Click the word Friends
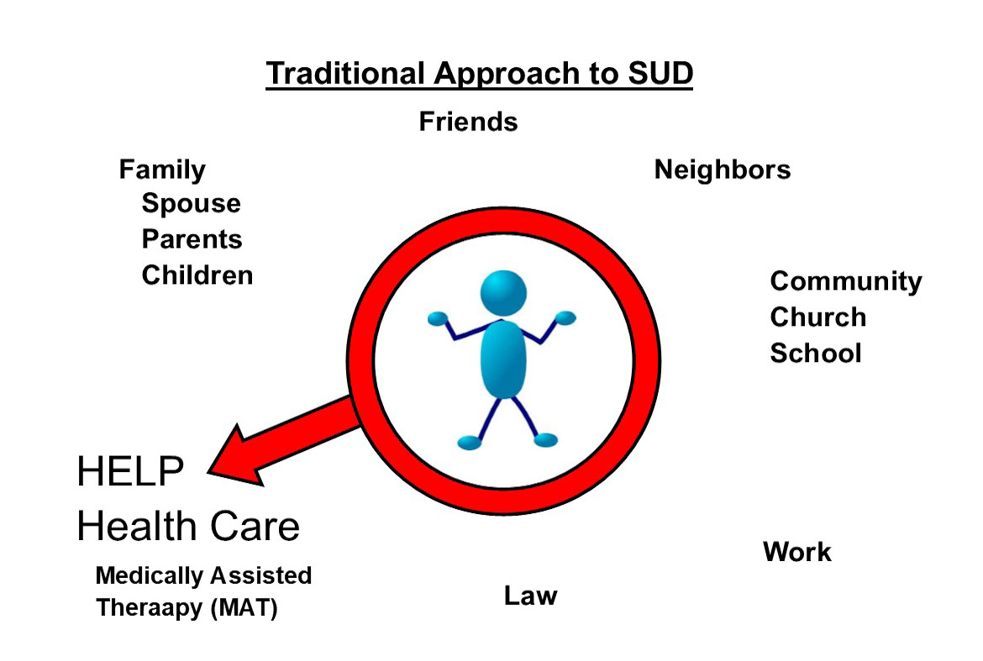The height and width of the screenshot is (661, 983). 468,122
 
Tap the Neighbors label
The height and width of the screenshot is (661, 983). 723,170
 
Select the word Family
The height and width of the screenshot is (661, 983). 162,170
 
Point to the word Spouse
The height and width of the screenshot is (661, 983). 192,204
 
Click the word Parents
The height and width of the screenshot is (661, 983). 192,239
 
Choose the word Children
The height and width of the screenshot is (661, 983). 197,275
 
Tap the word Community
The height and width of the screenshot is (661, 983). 846,282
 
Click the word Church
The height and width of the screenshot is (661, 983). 818,317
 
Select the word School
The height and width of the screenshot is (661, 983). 816,354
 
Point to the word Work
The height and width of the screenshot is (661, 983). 797,552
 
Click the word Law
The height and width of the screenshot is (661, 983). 530,595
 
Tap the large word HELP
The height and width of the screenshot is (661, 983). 130,471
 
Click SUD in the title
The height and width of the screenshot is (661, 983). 660,73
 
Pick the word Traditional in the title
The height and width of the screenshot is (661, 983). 345,73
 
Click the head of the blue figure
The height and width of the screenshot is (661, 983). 503,293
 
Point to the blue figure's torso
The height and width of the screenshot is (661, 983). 503,359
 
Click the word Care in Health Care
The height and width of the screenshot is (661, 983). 255,526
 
